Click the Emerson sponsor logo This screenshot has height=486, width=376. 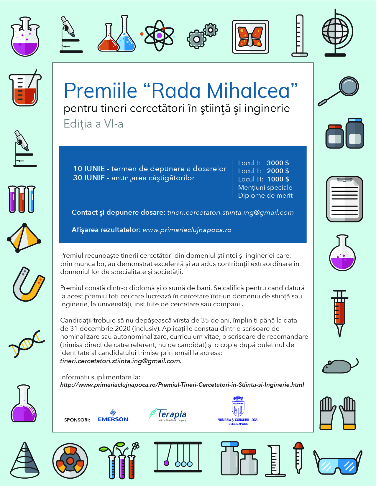click(x=113, y=416)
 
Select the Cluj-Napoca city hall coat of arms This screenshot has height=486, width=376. click(x=238, y=406)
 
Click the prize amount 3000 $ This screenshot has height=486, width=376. click(x=278, y=163)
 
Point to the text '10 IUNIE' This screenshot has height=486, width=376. click(x=89, y=168)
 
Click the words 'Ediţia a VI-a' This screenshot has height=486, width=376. click(x=93, y=124)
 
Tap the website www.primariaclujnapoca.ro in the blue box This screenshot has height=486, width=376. click(x=187, y=230)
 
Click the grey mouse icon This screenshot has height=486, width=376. click(x=338, y=366)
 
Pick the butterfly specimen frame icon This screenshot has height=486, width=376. click(x=250, y=37)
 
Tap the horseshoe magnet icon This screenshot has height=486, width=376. click(x=28, y=285)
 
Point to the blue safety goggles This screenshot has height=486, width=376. click(x=338, y=463)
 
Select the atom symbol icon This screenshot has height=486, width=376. click(x=159, y=35)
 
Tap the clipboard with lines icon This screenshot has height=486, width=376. click(x=344, y=199)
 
